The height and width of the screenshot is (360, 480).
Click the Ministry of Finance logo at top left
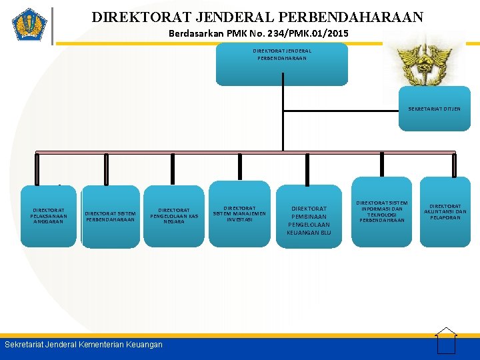[29, 25]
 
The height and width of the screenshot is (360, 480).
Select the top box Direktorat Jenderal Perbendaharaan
[282, 64]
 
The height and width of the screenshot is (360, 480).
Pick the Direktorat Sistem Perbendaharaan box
[111, 217]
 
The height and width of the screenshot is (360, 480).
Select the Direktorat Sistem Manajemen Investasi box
[239, 213]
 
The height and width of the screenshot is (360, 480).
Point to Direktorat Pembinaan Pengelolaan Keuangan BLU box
[308, 220]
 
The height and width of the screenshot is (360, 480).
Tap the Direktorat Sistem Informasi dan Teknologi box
[382, 211]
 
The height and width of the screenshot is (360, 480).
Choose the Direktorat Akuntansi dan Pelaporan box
[445, 212]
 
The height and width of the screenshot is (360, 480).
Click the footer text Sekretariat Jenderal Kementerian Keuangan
[83, 345]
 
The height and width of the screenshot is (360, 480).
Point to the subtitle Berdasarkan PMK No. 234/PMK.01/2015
[258, 33]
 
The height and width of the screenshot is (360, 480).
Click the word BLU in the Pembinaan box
[323, 233]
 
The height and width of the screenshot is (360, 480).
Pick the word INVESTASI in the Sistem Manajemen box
[239, 219]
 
